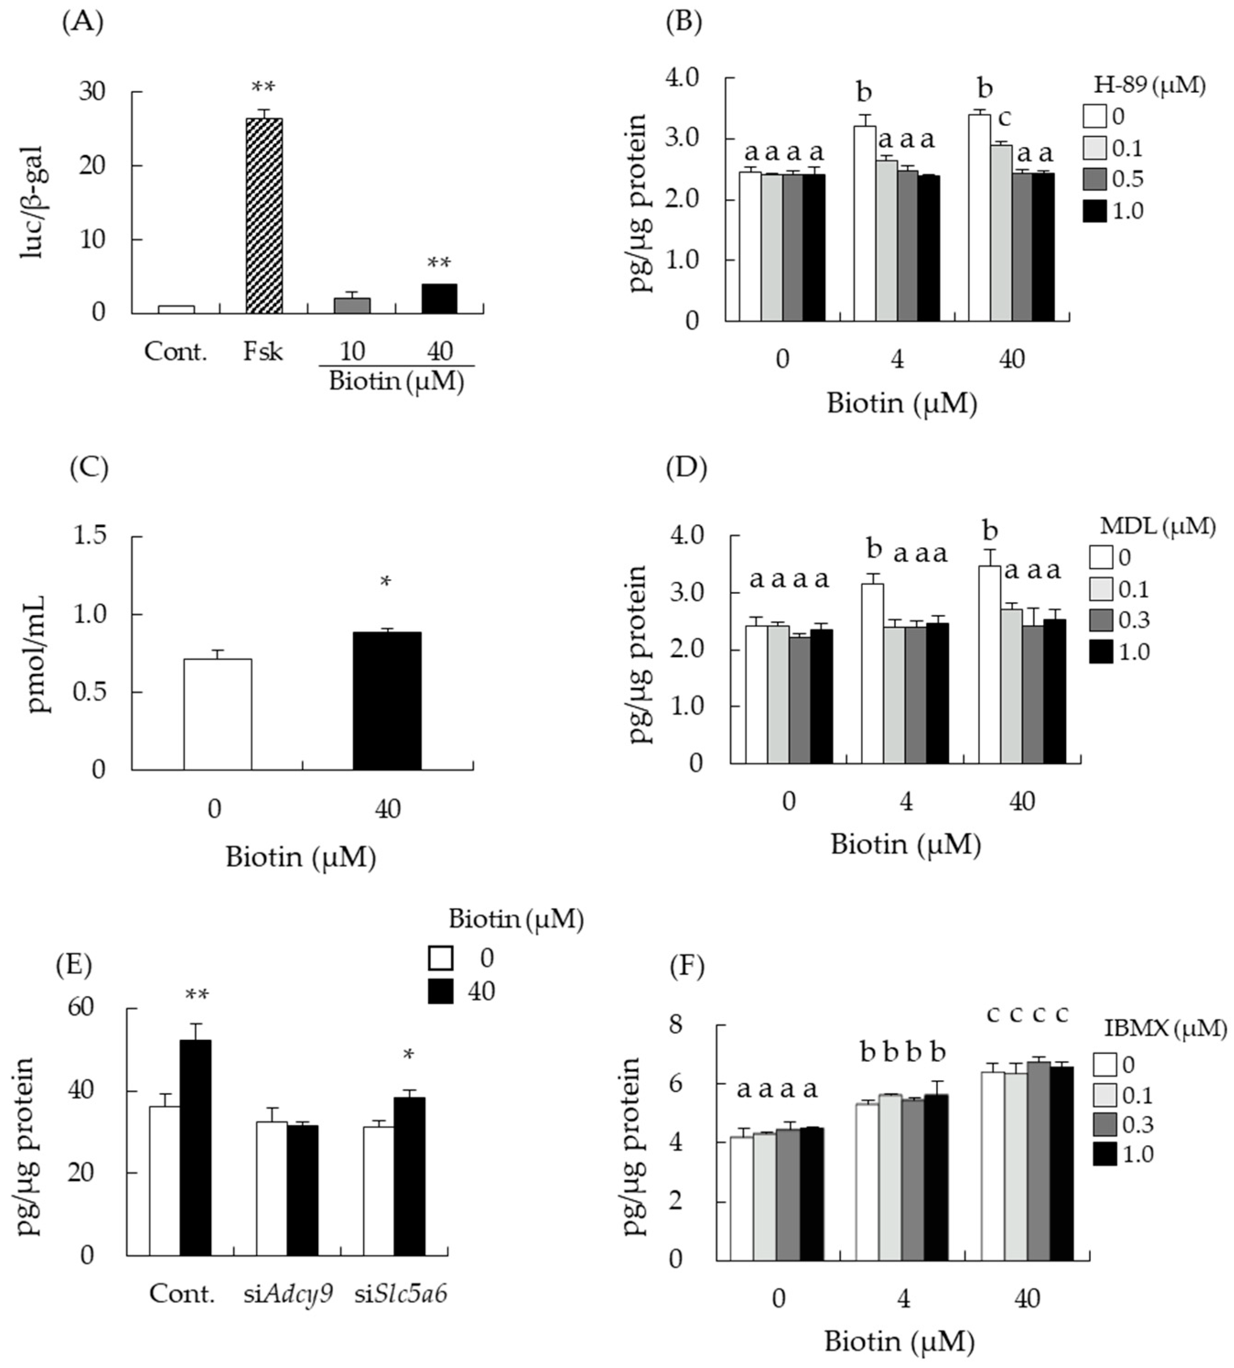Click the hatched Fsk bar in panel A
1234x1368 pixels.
(264, 215)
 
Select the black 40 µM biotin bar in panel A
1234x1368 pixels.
(439, 298)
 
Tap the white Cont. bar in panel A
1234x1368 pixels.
(176, 309)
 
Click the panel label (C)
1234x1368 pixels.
(89, 469)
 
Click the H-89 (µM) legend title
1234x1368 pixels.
(1150, 86)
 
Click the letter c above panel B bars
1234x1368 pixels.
(1004, 118)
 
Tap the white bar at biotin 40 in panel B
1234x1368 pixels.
(979, 217)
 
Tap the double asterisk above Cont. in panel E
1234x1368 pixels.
(197, 995)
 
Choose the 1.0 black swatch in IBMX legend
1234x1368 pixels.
(1105, 1154)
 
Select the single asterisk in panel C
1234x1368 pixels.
(385, 582)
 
